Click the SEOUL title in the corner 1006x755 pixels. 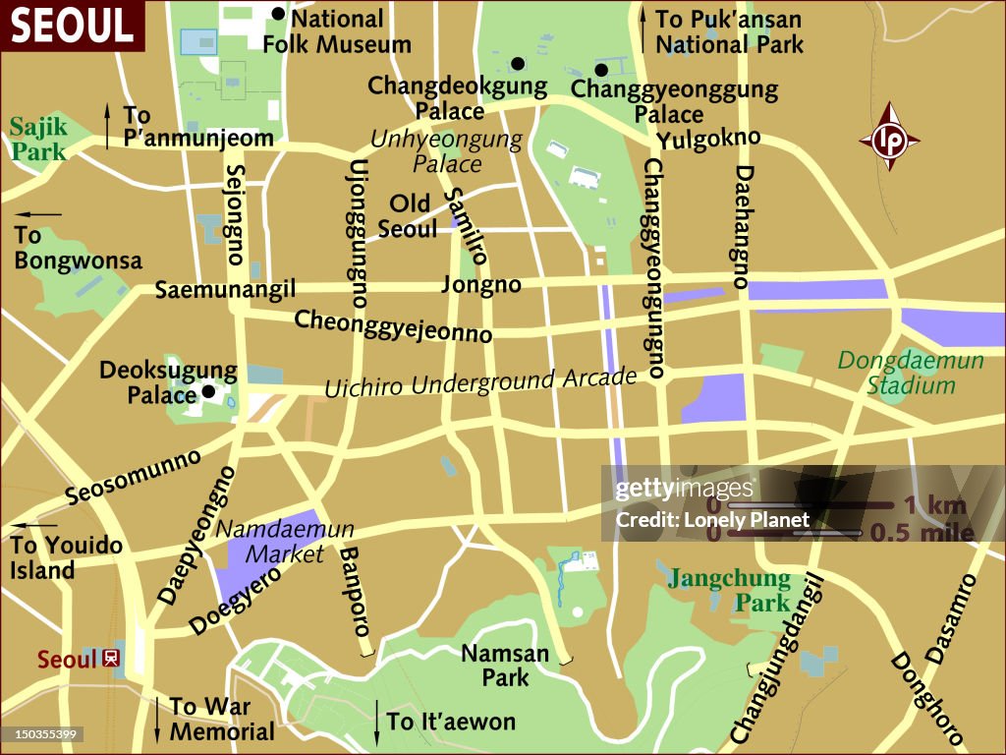click(x=72, y=26)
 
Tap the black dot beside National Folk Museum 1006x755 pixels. click(x=278, y=14)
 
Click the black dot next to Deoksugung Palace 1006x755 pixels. click(x=208, y=392)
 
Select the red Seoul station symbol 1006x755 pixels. click(x=111, y=658)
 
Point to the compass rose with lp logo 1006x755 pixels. click(x=889, y=137)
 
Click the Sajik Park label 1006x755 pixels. click(x=39, y=139)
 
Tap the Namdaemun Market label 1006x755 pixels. click(x=284, y=541)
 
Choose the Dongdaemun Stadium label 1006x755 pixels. click(x=911, y=373)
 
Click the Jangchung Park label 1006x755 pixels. click(x=729, y=590)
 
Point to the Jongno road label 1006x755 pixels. click(x=480, y=285)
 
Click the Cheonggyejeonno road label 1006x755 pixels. click(x=393, y=325)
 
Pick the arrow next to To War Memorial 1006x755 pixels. click(x=157, y=719)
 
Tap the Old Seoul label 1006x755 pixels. click(x=408, y=216)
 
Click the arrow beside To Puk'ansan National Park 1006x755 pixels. click(x=643, y=30)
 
